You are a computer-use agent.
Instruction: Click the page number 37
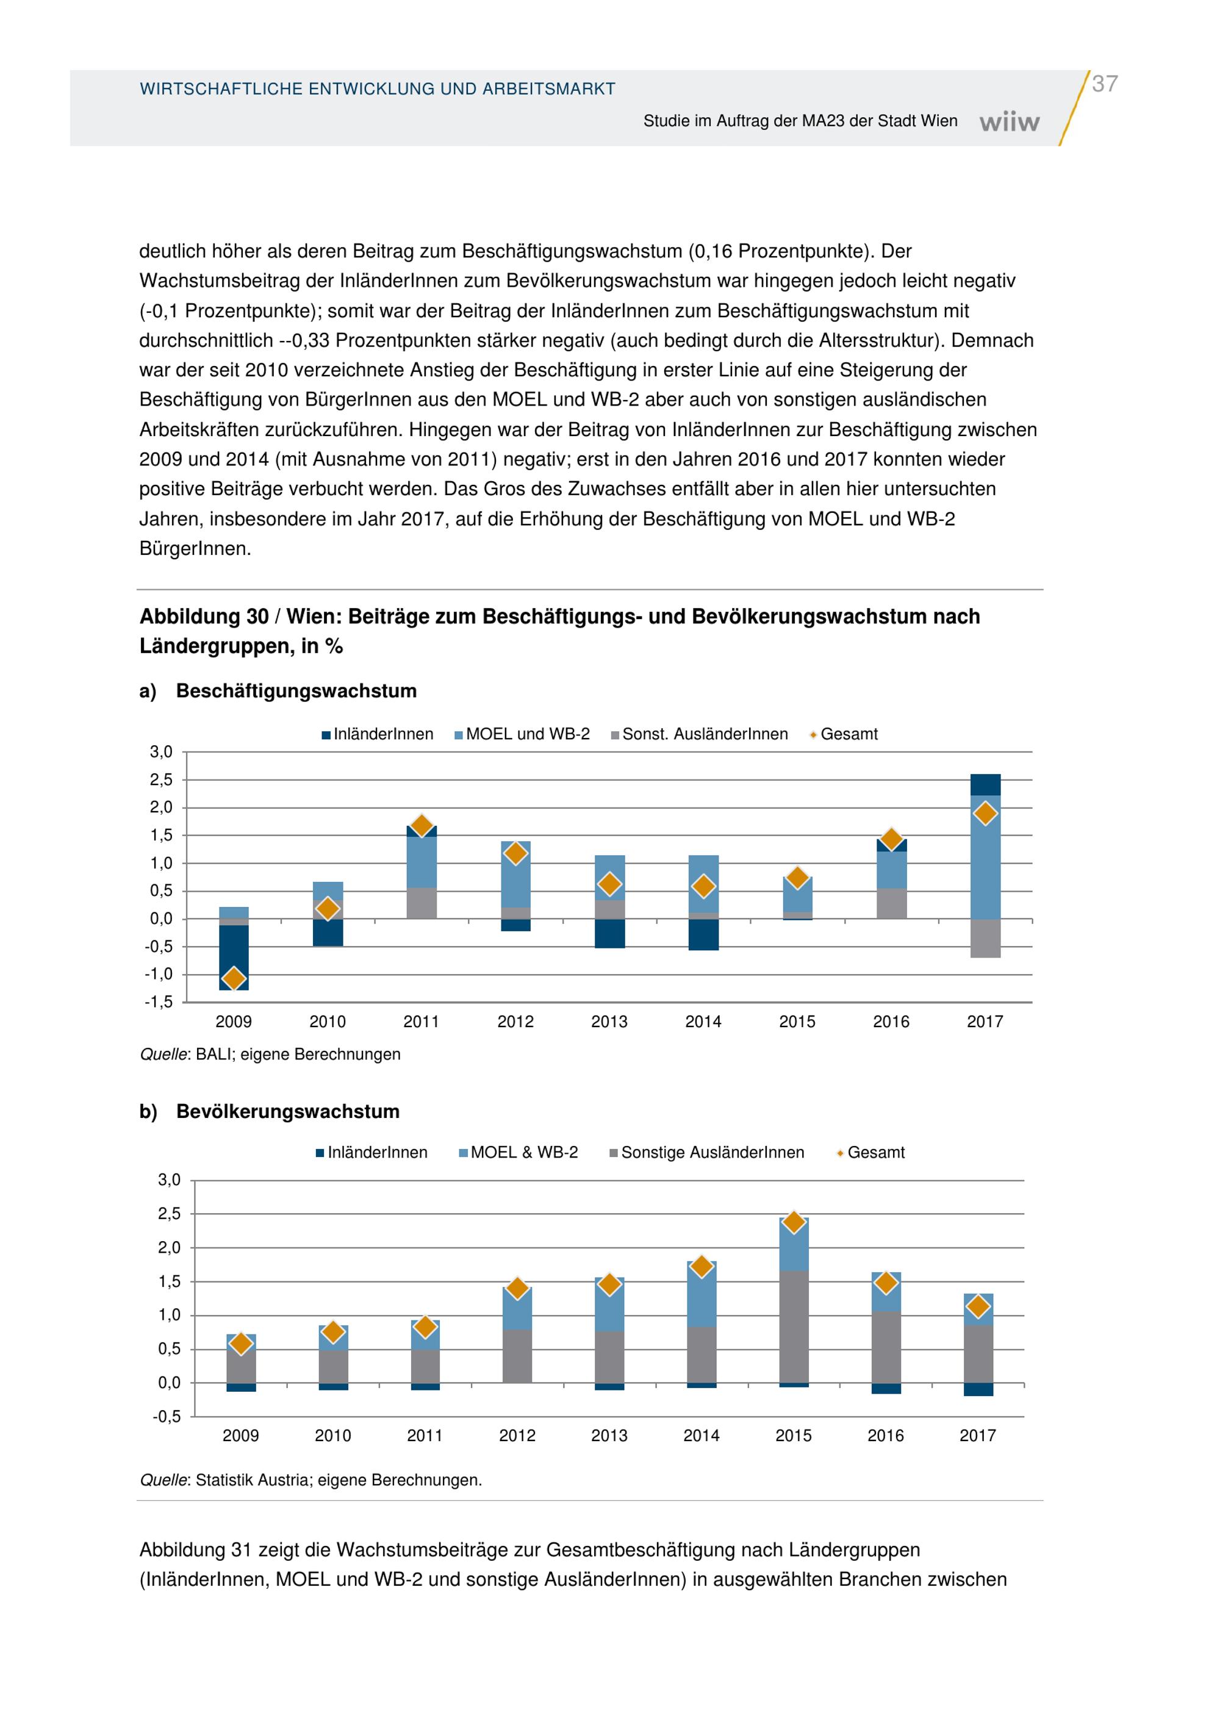click(1104, 84)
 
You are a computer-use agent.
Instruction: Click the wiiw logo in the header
click(1010, 122)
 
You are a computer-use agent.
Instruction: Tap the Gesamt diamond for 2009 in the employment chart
click(234, 978)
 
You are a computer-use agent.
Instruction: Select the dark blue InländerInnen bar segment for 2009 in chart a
click(234, 958)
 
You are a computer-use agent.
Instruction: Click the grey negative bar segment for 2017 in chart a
click(985, 938)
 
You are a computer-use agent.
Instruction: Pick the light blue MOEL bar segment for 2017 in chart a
click(985, 857)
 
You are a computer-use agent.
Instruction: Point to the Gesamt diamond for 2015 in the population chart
click(794, 1222)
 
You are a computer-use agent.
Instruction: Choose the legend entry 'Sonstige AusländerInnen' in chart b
click(706, 1153)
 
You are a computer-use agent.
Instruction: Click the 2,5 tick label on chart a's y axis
click(161, 779)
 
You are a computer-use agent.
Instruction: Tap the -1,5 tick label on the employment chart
click(159, 1002)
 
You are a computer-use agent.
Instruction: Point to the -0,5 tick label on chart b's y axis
click(167, 1416)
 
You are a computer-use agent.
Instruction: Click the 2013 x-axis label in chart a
click(609, 1022)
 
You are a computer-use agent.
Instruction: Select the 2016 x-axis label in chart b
click(886, 1435)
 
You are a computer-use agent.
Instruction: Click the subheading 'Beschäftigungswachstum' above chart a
click(296, 691)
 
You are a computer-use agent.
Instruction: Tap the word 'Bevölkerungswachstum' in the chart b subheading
click(288, 1111)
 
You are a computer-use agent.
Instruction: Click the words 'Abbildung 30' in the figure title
click(204, 617)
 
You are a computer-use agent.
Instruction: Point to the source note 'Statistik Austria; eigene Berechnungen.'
click(339, 1480)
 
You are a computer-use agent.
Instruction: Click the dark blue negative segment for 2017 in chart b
click(978, 1389)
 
